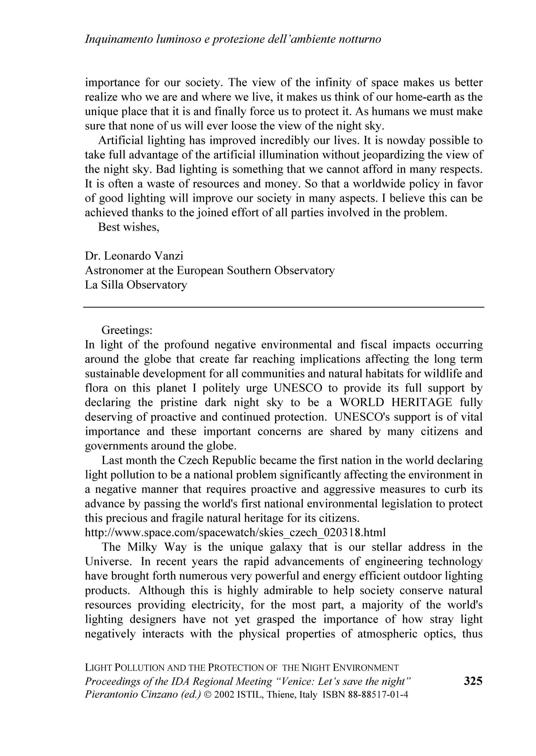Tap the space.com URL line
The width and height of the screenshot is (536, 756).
pyautogui.click(x=235, y=533)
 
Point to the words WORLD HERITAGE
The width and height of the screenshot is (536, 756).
pyautogui.click(x=396, y=402)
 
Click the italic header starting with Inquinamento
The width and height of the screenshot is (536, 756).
pyautogui.click(x=233, y=39)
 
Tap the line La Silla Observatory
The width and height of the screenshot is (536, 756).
pyautogui.click(x=136, y=285)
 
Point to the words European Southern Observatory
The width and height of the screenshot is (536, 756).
pyautogui.click(x=256, y=270)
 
